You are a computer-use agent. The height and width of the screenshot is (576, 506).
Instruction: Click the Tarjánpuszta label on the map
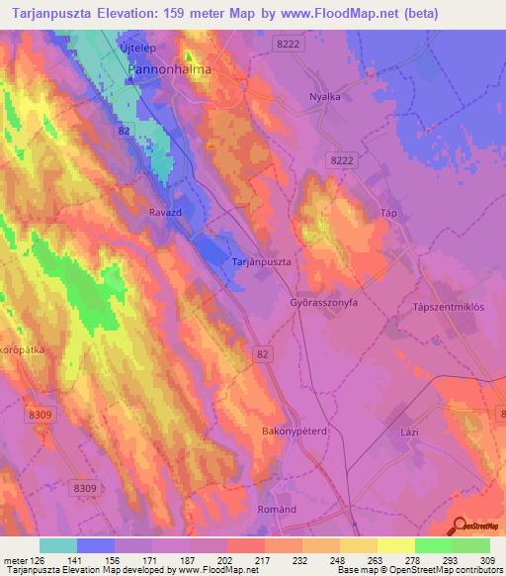261,261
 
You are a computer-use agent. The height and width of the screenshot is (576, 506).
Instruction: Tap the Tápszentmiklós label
447,307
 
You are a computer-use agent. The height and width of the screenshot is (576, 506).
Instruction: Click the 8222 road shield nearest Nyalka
288,45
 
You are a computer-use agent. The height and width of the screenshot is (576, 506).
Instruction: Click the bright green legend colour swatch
434,545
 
